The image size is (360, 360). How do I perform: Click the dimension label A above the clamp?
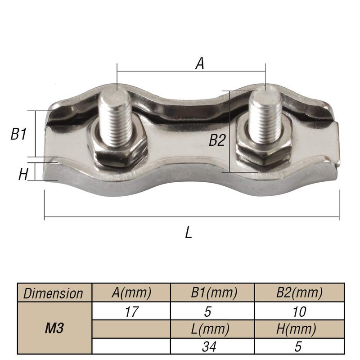200,63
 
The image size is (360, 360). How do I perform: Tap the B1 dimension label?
18,134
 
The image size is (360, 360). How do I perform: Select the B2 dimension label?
217,140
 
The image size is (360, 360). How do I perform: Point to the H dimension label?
23,174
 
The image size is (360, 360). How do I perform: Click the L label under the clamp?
189,232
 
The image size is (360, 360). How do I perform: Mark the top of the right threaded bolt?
264,90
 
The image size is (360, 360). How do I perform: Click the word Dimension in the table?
53,293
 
